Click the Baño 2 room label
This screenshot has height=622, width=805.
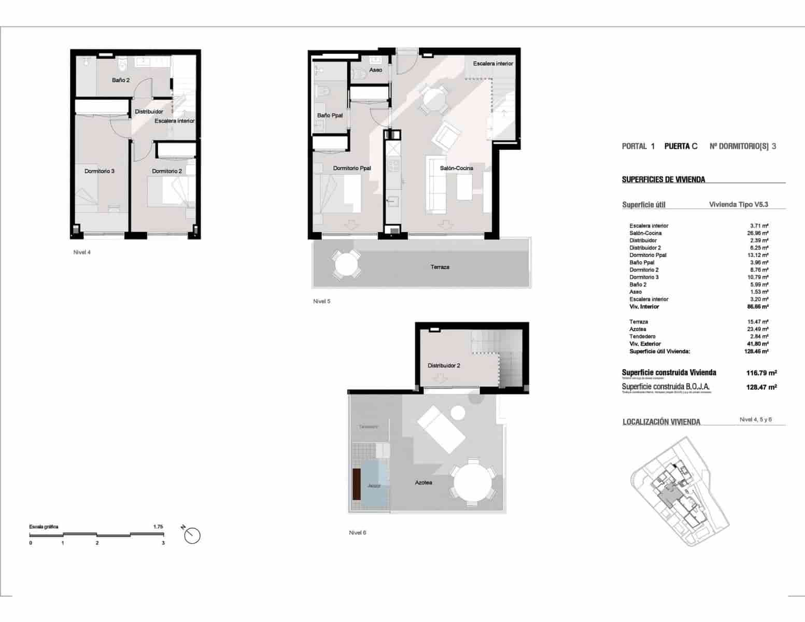click(x=121, y=80)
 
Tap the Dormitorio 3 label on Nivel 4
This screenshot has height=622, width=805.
click(x=100, y=171)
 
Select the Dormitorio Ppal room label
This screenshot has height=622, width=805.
click(x=352, y=168)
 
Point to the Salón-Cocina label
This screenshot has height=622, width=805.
click(x=456, y=168)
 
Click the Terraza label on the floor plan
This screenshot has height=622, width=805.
click(x=440, y=267)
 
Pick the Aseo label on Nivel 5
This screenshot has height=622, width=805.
click(x=375, y=70)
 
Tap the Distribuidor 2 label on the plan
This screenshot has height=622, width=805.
click(x=444, y=365)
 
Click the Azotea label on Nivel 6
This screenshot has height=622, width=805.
click(x=423, y=483)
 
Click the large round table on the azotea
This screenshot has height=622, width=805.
click(x=473, y=482)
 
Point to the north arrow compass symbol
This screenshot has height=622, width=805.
click(x=192, y=535)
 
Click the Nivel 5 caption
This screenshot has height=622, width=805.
click(x=321, y=301)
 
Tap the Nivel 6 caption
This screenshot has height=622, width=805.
click(x=357, y=532)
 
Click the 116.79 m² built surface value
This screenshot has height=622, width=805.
click(x=761, y=373)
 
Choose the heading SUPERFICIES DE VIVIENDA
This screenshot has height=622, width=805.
click(x=663, y=180)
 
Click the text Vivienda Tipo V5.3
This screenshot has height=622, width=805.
click(x=738, y=205)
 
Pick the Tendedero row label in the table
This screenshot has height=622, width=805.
click(x=642, y=336)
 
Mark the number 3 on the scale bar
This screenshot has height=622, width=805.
click(x=163, y=543)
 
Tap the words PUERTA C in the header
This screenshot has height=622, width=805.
click(x=681, y=147)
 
